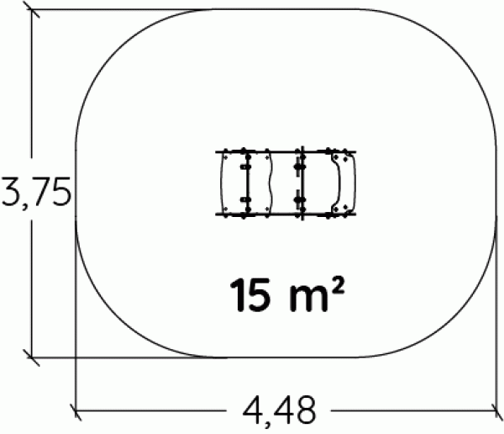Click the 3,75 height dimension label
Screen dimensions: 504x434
(x=36, y=193)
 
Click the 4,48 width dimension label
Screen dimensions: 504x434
(x=280, y=411)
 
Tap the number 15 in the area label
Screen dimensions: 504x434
(x=249, y=295)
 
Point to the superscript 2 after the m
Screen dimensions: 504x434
(x=338, y=287)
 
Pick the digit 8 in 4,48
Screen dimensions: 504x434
(x=305, y=410)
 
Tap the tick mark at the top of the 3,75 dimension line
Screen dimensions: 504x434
(x=31, y=9)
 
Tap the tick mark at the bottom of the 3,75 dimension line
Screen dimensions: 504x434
(x=32, y=357)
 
